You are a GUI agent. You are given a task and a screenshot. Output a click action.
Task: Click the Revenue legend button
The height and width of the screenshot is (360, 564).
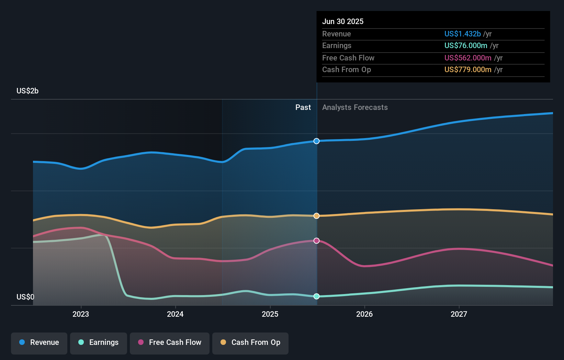[x=39, y=342]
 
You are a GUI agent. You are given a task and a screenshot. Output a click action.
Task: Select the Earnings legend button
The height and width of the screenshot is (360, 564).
[x=99, y=342]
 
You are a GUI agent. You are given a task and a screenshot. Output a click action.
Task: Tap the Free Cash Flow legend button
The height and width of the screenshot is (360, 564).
[x=170, y=342]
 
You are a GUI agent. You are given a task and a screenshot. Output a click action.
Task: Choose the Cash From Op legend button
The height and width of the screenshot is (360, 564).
[x=250, y=342]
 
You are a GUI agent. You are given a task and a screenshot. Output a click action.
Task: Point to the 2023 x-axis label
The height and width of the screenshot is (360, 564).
[x=81, y=314]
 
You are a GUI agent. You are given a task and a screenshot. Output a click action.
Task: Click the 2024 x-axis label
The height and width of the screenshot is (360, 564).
[x=175, y=314]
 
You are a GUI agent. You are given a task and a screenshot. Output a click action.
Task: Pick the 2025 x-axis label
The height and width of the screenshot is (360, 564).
[x=270, y=314]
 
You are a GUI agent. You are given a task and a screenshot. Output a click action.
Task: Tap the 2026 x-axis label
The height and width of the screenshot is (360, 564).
[x=364, y=314]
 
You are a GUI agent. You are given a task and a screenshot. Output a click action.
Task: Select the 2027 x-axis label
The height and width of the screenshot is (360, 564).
[x=459, y=314]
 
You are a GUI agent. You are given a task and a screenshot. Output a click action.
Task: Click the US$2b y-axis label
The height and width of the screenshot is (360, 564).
[x=27, y=91]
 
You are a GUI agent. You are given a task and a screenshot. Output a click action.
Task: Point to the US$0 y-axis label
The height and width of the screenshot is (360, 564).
[x=25, y=297]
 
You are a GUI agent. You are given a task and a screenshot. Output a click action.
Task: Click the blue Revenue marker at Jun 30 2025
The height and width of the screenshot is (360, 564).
[x=316, y=141]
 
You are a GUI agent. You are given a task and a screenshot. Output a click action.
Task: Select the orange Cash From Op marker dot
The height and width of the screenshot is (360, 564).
[x=316, y=216]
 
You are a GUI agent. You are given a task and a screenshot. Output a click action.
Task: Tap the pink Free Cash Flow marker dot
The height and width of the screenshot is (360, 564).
[x=316, y=241]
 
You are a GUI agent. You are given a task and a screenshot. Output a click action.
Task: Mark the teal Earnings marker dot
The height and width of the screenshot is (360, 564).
[x=316, y=296]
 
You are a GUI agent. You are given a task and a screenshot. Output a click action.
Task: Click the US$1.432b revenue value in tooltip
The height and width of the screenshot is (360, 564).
[x=462, y=34]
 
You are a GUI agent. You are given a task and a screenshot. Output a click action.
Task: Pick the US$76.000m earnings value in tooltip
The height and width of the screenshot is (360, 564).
[x=466, y=46]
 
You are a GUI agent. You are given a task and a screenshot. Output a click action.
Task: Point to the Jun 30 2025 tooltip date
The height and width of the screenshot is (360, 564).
[x=343, y=21]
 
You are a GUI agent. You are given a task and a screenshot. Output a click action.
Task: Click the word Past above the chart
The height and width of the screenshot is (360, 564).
[x=303, y=108]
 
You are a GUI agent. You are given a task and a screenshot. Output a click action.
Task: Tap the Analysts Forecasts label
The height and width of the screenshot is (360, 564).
[x=355, y=108]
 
